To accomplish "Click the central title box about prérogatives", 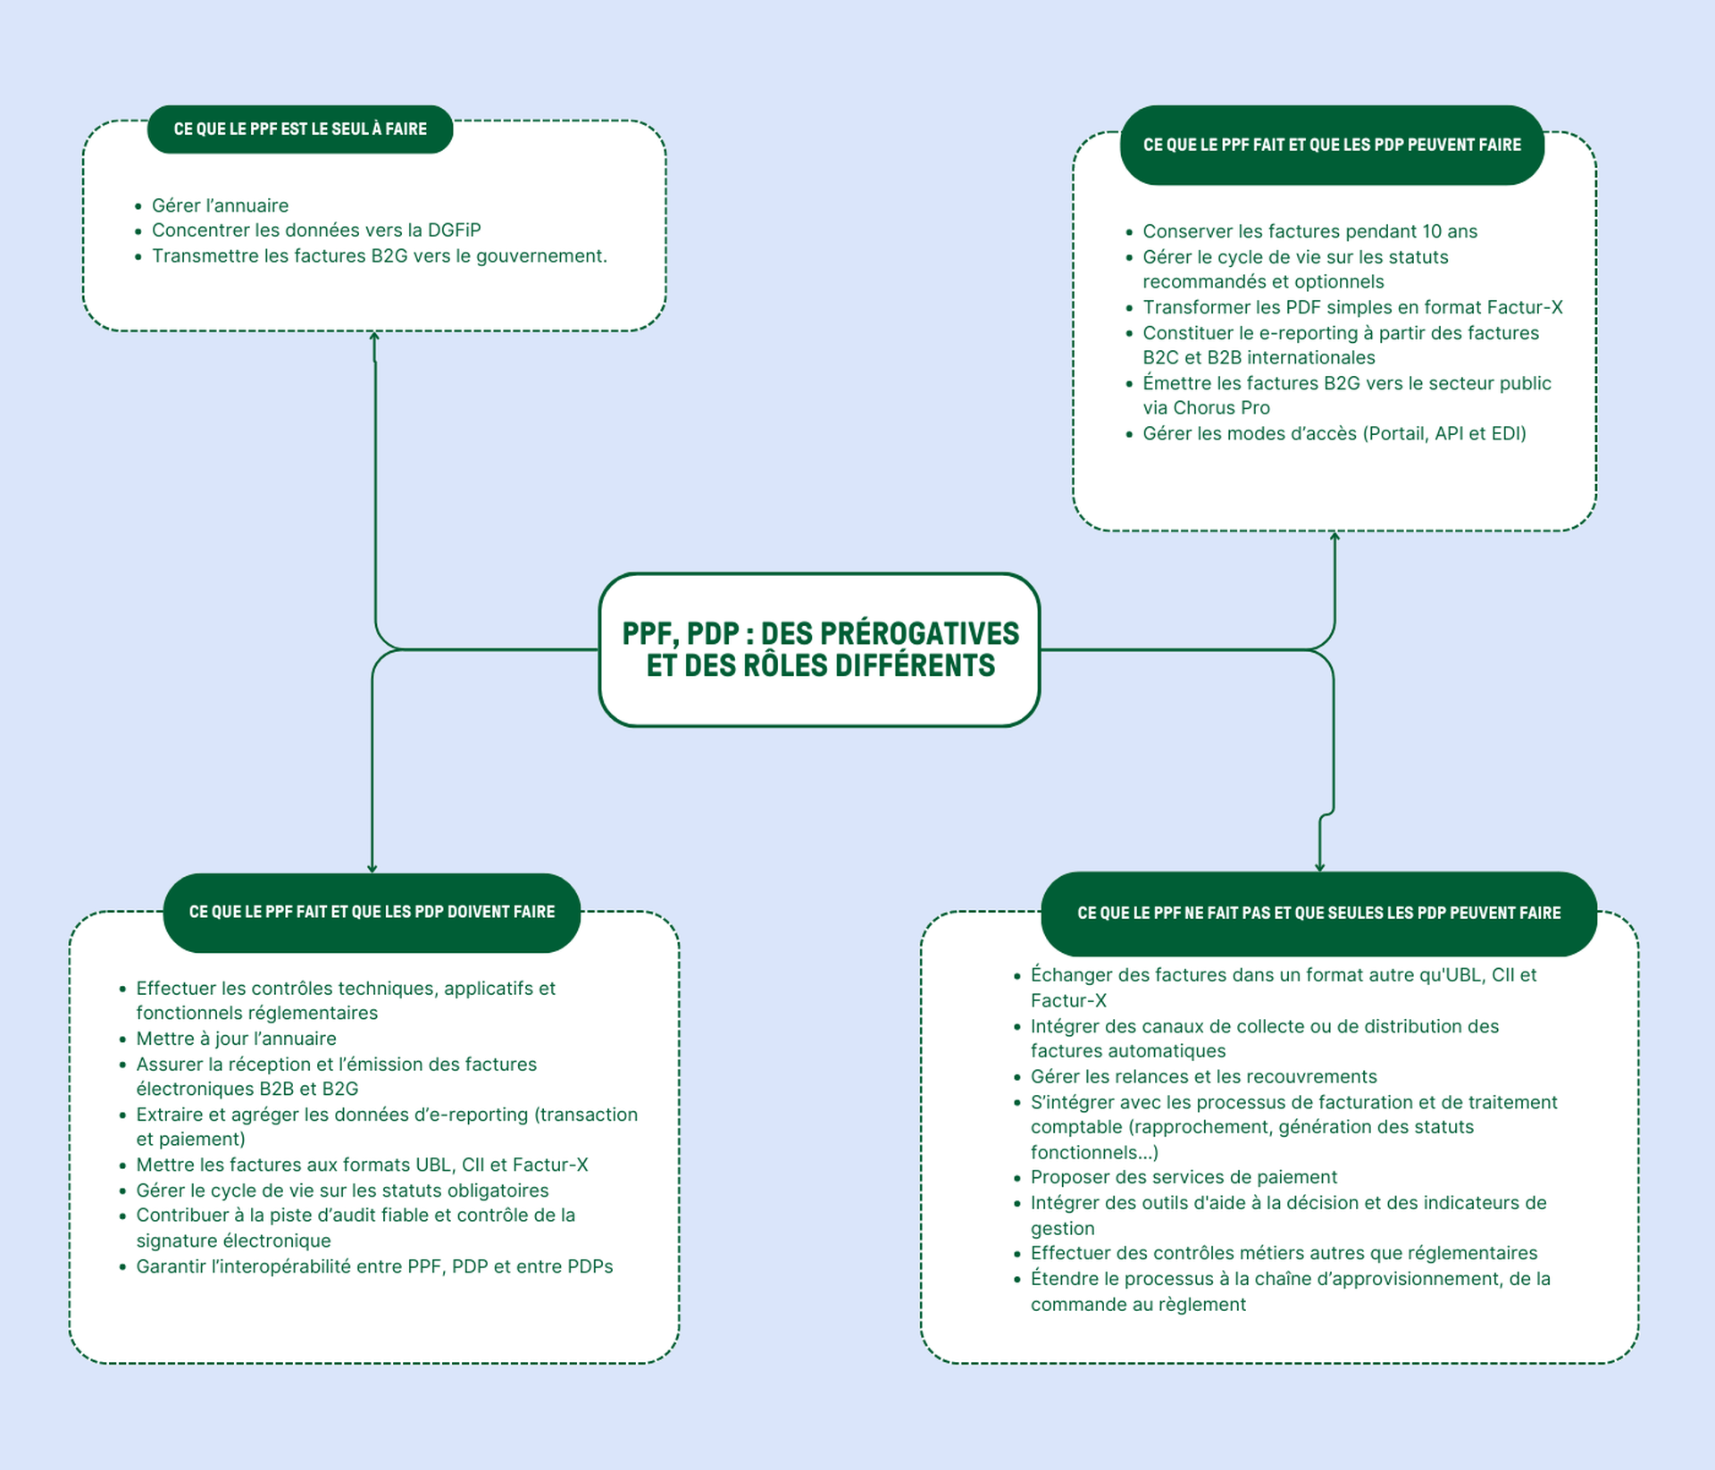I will point(819,649).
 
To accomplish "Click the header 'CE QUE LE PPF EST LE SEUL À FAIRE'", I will point(300,129).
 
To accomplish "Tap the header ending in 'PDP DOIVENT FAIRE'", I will point(372,912).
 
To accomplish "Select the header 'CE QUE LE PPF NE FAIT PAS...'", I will point(1318,913).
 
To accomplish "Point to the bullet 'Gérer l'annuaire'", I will point(220,205).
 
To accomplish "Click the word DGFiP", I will point(454,230).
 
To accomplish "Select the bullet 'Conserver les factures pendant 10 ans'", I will point(1309,231).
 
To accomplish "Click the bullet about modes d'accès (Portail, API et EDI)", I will point(1334,434).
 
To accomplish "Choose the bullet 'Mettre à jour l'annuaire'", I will point(236,1039).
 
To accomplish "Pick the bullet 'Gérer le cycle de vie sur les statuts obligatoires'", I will point(342,1190).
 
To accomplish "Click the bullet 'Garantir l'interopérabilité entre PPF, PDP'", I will point(374,1266).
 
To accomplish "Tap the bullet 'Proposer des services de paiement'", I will point(1184,1177).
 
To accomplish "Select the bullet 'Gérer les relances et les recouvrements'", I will point(1203,1077).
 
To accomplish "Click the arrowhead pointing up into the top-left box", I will point(374,337).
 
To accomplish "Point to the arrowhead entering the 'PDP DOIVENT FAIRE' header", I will point(372,868).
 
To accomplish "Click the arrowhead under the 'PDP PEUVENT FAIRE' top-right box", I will point(1334,537).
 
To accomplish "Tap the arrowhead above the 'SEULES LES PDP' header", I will point(1319,867).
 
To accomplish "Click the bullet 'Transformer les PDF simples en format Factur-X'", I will point(1352,307).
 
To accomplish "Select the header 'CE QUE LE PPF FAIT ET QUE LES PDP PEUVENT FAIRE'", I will point(1332,145).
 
